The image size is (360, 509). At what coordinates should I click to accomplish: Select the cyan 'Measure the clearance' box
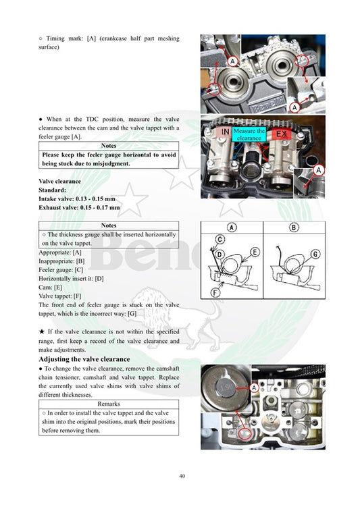click(x=249, y=134)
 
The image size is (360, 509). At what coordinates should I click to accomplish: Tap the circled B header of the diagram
click(x=293, y=227)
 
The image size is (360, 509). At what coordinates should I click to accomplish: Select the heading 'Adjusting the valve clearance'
click(x=84, y=359)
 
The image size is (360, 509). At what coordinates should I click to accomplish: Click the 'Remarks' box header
click(x=109, y=404)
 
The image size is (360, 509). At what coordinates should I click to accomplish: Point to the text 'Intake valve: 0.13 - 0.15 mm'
click(x=77, y=199)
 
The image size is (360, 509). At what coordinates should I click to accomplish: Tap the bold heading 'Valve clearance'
click(x=59, y=182)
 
